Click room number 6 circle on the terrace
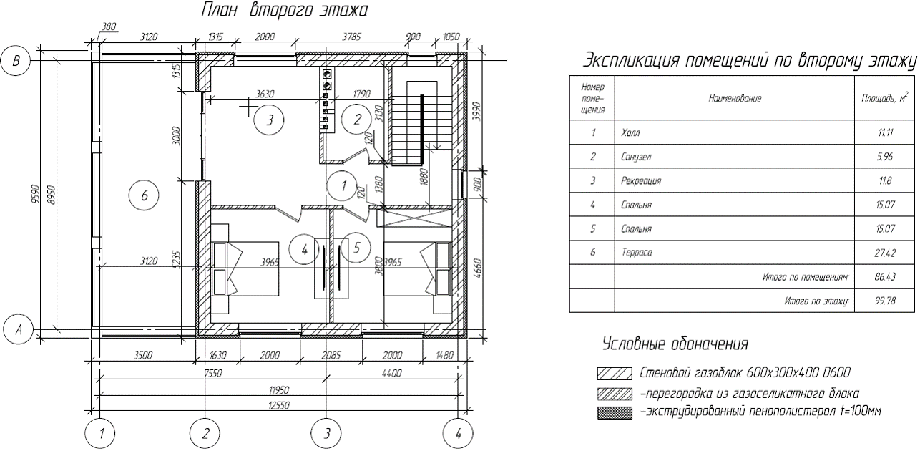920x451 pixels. (x=144, y=195)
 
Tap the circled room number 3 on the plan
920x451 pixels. (x=269, y=120)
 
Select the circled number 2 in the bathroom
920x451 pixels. (x=357, y=120)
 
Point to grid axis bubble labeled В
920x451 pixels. (x=16, y=61)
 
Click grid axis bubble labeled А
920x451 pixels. (x=18, y=329)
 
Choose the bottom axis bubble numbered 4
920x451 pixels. (x=458, y=433)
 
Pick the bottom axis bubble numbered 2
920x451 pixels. (x=205, y=433)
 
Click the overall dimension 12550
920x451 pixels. (x=279, y=405)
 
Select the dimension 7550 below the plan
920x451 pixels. (x=212, y=373)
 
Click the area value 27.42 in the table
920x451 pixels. (x=885, y=253)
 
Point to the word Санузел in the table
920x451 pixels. (x=636, y=157)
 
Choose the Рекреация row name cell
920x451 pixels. (x=735, y=180)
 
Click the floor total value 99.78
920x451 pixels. (x=885, y=301)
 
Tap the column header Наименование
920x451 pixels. (x=735, y=98)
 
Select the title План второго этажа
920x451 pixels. (x=284, y=11)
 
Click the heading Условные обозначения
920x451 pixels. (x=675, y=344)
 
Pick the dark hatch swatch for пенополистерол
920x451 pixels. (x=615, y=413)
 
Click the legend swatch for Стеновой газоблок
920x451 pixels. (x=615, y=374)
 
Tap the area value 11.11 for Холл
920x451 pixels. (x=885, y=132)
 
